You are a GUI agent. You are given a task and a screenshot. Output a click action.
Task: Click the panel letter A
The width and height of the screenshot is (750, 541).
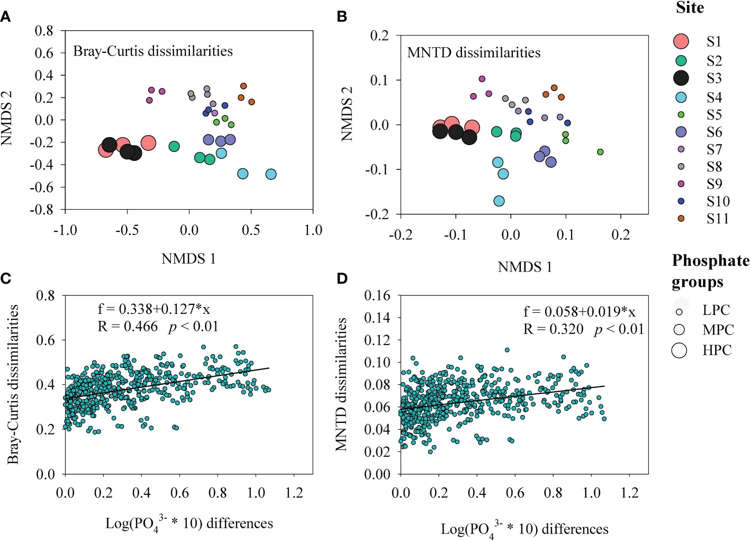point(6,17)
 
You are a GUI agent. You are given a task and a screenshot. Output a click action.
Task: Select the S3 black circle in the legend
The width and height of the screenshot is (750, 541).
point(681,78)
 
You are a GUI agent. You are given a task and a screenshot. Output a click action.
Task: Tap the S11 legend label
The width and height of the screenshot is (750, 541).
point(718,219)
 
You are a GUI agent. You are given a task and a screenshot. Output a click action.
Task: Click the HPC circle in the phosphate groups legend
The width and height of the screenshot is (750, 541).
point(679,350)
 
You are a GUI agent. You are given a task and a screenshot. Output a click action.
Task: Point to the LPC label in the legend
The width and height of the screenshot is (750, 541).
point(716,310)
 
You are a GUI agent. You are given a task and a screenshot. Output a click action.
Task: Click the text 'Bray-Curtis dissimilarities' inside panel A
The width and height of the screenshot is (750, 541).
point(153,51)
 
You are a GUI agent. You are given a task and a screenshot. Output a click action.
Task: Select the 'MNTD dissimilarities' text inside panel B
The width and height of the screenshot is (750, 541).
point(474,53)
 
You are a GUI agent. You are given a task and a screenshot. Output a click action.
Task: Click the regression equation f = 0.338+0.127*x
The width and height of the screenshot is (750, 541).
point(153,309)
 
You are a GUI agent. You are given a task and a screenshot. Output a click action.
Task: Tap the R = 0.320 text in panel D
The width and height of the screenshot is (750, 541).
point(553,329)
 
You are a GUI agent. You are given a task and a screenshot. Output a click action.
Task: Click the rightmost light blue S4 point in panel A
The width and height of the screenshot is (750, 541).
point(271,174)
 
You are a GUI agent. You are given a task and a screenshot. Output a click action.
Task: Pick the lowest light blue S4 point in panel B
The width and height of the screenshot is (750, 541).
point(499,201)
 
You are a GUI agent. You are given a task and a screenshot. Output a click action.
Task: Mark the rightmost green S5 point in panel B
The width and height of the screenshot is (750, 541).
point(600,152)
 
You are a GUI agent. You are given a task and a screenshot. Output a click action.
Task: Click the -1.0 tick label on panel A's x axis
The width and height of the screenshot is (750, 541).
point(65,230)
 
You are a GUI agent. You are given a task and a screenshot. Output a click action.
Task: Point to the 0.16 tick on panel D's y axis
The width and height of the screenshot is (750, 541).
point(377,295)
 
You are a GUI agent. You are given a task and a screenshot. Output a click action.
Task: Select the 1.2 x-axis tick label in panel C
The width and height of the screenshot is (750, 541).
point(294,493)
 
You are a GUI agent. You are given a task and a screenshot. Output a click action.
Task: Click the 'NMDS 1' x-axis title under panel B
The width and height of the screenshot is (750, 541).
point(525,267)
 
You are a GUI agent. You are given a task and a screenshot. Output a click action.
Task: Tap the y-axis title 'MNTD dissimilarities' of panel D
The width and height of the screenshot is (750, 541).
point(341,384)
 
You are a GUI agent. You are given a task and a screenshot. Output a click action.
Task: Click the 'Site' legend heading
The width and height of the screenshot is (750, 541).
point(690,8)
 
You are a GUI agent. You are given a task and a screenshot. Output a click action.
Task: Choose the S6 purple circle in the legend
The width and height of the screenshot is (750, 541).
point(681,132)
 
